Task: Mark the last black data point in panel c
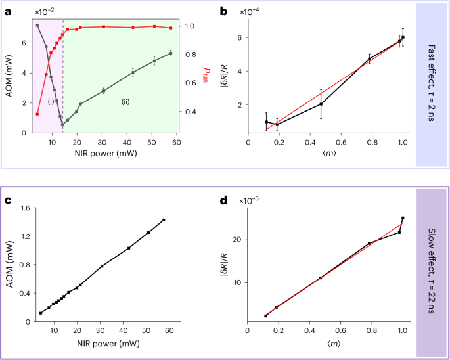point(164,220)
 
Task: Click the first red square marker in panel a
point(37,114)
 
